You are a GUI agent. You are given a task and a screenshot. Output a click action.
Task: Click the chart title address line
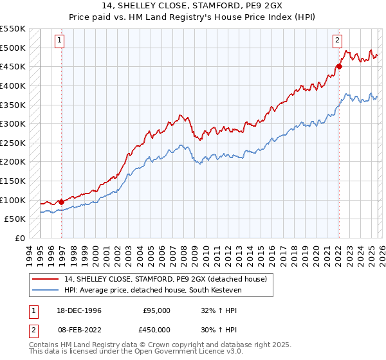pyautogui.click(x=193, y=6)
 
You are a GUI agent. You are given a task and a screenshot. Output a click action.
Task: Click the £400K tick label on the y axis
pyautogui.click(x=13, y=85)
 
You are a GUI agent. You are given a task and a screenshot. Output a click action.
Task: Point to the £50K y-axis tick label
pyautogui.click(x=15, y=219)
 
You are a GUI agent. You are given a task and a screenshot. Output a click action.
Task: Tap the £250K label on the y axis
pyautogui.click(x=13, y=143)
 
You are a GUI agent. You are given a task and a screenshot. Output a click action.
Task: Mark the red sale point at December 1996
pyautogui.click(x=62, y=202)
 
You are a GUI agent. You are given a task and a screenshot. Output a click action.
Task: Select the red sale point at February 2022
pyautogui.click(x=339, y=66)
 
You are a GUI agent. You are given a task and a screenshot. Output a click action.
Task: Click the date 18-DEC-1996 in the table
pyautogui.click(x=79, y=310)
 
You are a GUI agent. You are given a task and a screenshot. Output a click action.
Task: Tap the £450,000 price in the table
pyautogui.click(x=156, y=329)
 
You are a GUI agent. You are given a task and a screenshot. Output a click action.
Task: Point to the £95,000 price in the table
pyautogui.click(x=156, y=310)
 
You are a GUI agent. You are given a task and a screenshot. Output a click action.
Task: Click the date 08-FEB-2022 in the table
pyautogui.click(x=79, y=329)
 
